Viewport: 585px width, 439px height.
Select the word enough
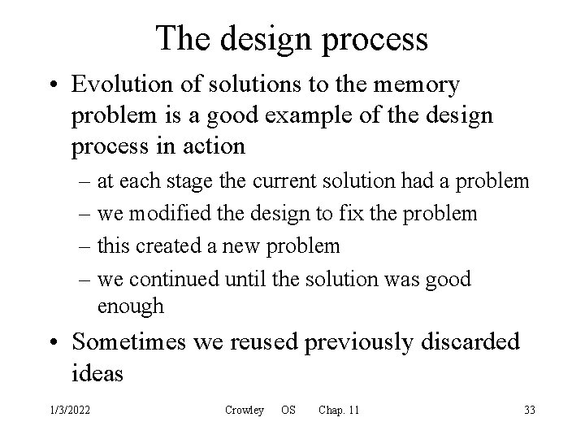click(130, 306)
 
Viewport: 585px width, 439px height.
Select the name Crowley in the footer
click(245, 411)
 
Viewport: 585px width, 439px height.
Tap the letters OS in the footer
click(288, 411)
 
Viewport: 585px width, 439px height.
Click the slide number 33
click(530, 411)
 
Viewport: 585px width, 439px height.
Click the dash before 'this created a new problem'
click(80, 246)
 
